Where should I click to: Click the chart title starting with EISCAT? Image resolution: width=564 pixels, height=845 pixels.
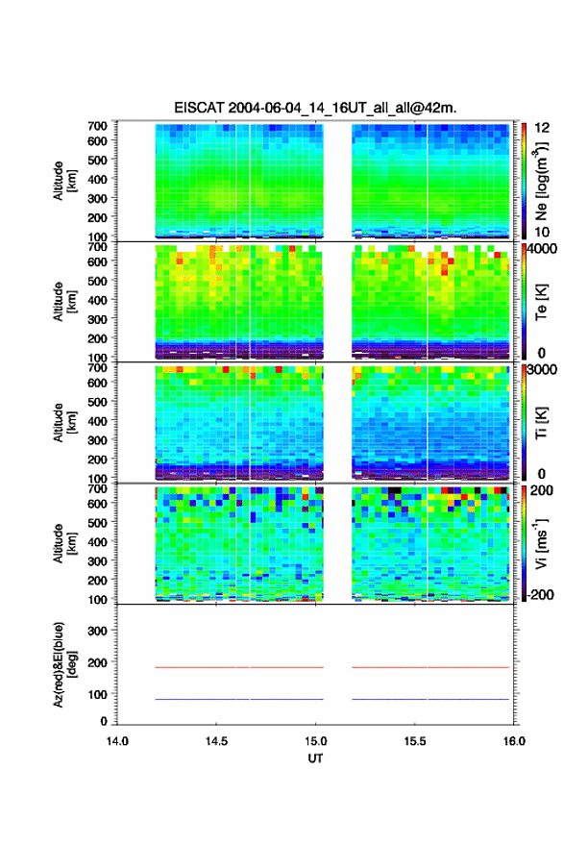tap(315, 108)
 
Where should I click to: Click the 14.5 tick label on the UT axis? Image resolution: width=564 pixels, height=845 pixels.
tap(216, 741)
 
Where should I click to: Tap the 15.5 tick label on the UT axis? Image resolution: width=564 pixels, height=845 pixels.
tap(415, 741)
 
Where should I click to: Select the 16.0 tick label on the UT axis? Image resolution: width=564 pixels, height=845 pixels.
tap(514, 741)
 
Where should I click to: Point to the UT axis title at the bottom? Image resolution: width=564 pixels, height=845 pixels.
tap(315, 758)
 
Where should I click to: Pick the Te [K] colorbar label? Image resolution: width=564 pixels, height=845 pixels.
tap(541, 302)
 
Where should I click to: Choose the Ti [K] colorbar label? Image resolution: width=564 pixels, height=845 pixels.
tap(541, 423)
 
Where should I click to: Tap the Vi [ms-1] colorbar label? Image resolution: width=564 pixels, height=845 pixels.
tap(541, 543)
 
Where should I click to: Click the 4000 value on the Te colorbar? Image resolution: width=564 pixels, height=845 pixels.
tap(542, 250)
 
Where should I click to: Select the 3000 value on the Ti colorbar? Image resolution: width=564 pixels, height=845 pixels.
tap(542, 370)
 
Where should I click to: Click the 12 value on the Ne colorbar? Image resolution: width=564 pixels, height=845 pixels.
tap(543, 128)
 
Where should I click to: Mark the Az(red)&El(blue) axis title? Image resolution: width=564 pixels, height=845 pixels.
tap(64, 664)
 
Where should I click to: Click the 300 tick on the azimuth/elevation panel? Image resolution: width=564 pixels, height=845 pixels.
tap(97, 631)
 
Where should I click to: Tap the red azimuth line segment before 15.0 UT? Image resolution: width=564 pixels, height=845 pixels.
tap(239, 667)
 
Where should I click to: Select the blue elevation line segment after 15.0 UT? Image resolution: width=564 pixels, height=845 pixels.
tap(430, 699)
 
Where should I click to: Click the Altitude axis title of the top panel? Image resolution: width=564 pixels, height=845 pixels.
tap(64, 181)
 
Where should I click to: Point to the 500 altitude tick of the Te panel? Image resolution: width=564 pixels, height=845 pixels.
tap(97, 281)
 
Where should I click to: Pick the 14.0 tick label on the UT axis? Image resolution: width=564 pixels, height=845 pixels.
tap(117, 741)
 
